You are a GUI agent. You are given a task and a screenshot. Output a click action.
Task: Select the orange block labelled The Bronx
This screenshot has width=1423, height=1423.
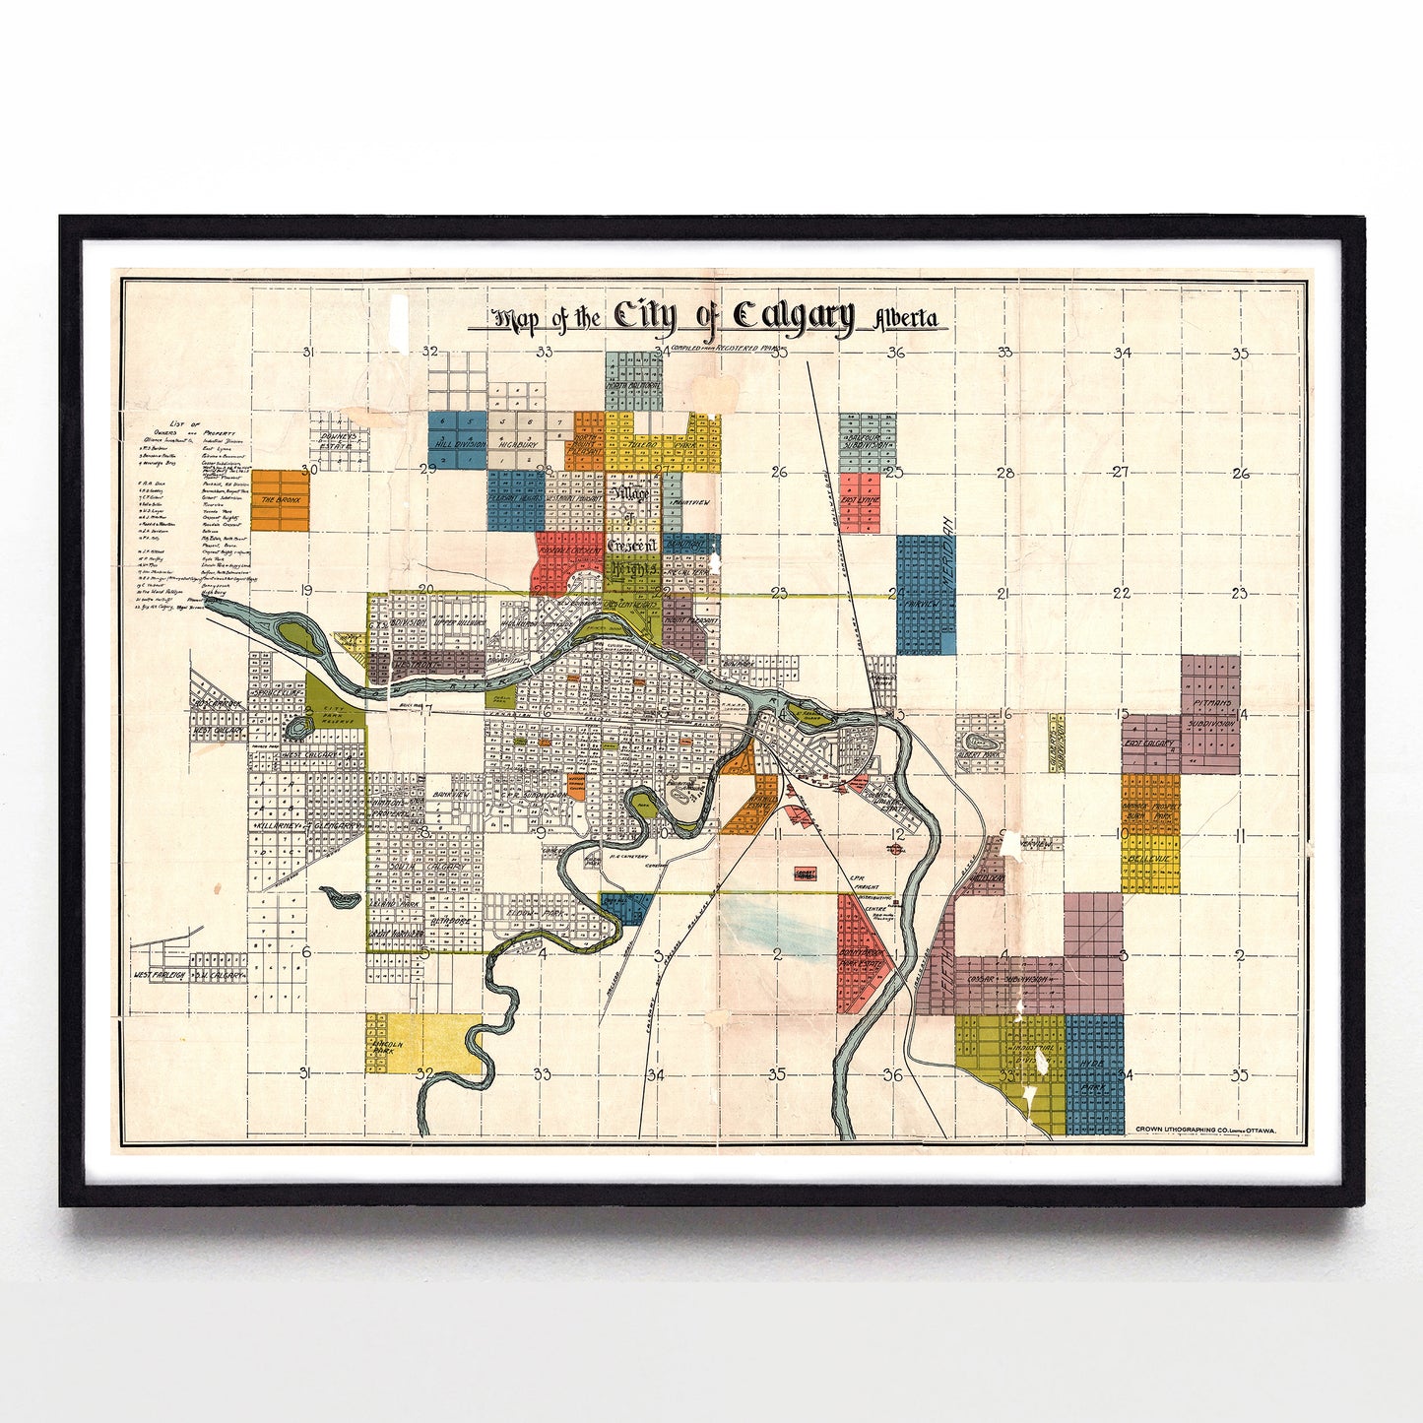(x=280, y=499)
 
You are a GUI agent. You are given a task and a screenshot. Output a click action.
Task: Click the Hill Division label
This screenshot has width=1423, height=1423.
(x=459, y=444)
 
